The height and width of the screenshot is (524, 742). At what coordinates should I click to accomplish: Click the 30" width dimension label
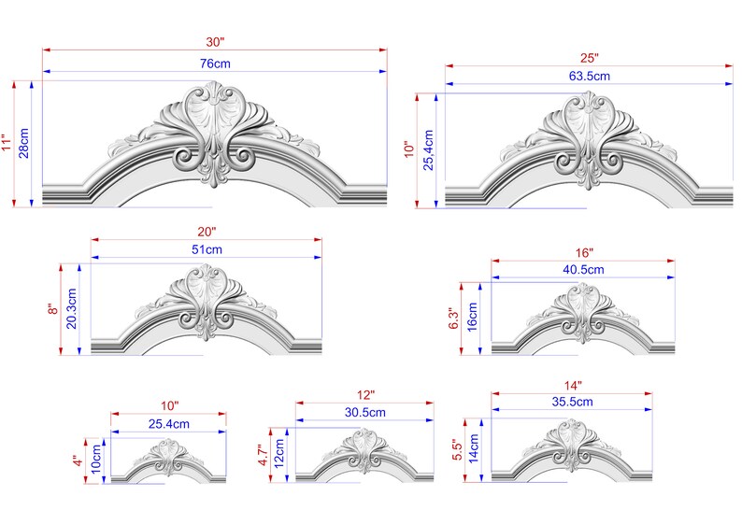tap(214, 42)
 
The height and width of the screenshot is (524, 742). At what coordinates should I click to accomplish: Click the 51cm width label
tap(207, 249)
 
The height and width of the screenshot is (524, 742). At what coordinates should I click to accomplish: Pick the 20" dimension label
tap(207, 231)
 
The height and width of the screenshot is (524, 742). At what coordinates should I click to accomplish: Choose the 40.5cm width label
tap(583, 269)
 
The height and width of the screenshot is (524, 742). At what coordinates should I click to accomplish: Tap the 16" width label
tap(583, 252)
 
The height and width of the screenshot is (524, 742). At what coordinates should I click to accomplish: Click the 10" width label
tap(168, 405)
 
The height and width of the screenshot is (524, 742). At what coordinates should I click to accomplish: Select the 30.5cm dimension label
tap(364, 412)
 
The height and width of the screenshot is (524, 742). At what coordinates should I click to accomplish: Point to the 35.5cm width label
tap(572, 402)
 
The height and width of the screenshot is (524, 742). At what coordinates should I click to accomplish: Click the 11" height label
tap(8, 142)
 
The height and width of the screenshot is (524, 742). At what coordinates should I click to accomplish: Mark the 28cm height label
tap(25, 143)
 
